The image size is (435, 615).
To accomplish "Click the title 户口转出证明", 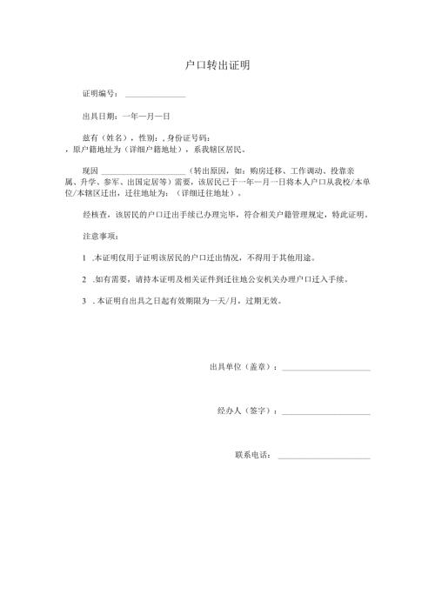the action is pos(218,65).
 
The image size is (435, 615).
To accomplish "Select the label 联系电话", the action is pos(254,455).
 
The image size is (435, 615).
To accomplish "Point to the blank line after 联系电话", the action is pos(324,457).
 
